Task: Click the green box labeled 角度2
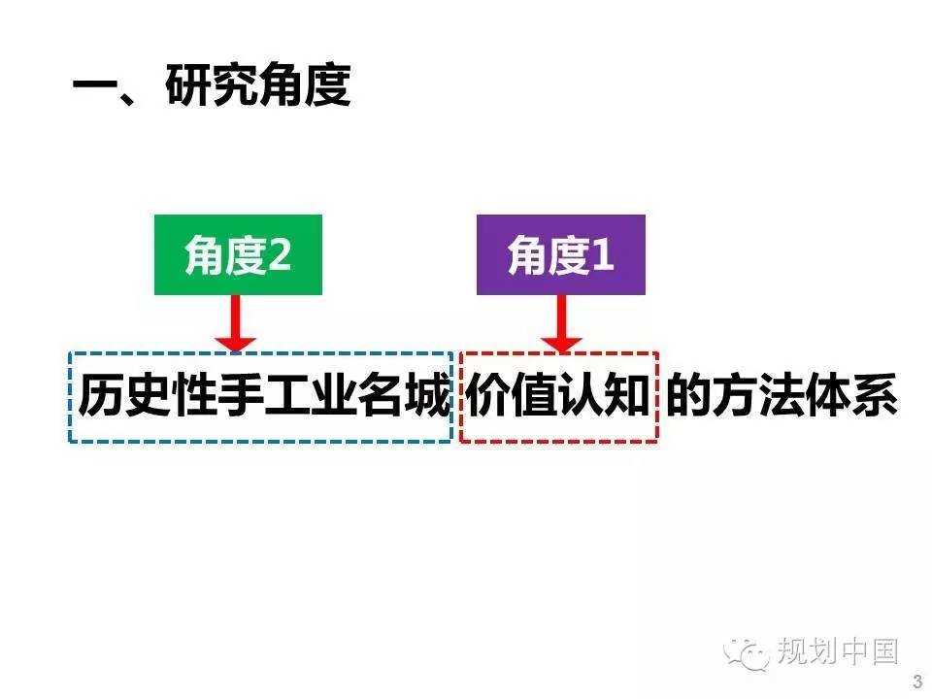(238, 254)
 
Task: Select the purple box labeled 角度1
(560, 254)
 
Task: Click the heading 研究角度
(258, 84)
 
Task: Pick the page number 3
(918, 682)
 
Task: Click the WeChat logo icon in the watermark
(747, 652)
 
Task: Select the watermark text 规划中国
(837, 651)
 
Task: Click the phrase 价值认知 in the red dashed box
(557, 395)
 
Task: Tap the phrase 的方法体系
(782, 395)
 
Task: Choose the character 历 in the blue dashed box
(101, 395)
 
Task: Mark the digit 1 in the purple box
(601, 254)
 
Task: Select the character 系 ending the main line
(875, 395)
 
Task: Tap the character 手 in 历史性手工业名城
(240, 395)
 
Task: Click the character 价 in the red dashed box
(488, 395)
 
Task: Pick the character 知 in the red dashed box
(626, 395)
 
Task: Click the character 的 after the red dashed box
(689, 395)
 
